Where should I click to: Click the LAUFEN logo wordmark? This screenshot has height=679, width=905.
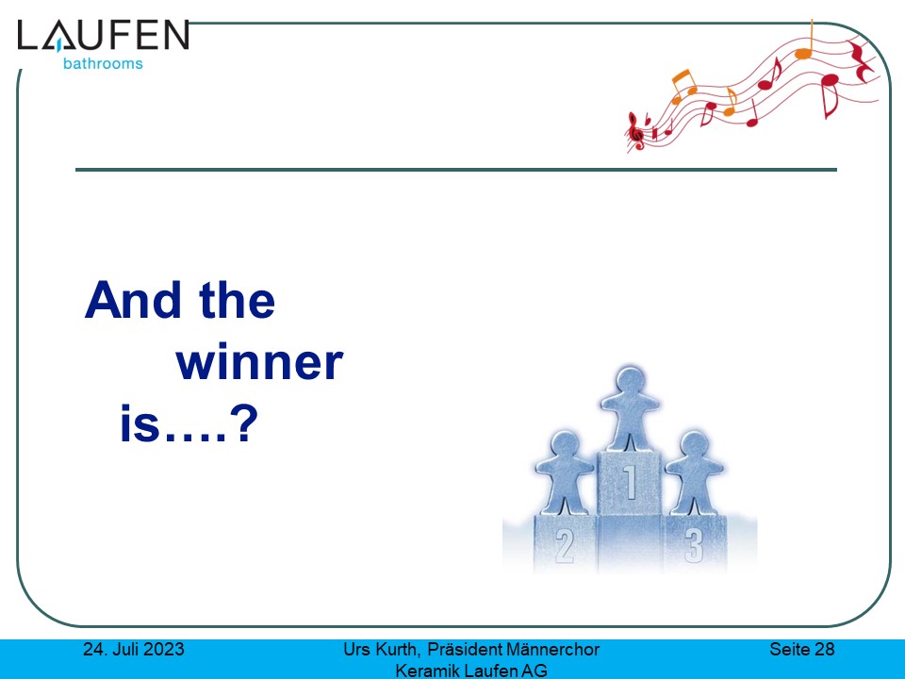click(104, 35)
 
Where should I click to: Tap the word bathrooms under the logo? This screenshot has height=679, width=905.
click(103, 63)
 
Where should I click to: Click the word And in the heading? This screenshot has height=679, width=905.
click(133, 300)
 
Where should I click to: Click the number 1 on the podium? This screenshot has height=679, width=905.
click(630, 482)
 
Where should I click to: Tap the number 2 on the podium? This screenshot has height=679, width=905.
click(564, 546)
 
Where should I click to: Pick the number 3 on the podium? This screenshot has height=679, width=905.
click(694, 546)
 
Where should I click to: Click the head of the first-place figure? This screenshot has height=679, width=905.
click(630, 381)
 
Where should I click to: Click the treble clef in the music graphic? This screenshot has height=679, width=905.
click(635, 131)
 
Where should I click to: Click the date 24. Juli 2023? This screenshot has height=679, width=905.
click(134, 650)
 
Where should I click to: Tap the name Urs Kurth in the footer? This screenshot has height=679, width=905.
click(380, 650)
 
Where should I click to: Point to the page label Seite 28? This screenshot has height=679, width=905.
click(801, 650)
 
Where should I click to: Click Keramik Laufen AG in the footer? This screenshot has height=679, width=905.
click(471, 671)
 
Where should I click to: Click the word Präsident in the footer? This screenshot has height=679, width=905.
click(465, 650)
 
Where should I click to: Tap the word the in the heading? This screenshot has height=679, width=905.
click(237, 300)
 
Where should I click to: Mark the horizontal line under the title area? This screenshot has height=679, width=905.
click(456, 170)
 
